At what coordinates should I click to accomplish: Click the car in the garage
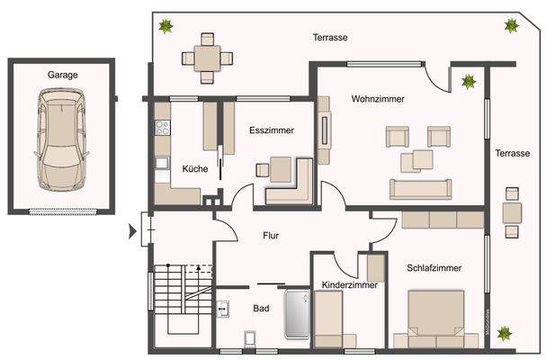pos(61,141)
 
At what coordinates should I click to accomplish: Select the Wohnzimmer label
pos(378,99)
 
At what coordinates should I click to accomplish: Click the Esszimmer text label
pos(272,130)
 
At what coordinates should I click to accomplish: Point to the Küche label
pos(195,168)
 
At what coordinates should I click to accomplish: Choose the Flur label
pos(270,236)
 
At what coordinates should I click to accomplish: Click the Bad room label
pos(261,309)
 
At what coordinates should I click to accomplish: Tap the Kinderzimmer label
pos(349,285)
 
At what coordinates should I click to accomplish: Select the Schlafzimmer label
pos(434,267)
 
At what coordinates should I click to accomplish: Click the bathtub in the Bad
pos(297,315)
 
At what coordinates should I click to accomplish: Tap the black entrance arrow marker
pos(133,232)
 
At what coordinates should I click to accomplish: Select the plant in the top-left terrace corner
pos(166,26)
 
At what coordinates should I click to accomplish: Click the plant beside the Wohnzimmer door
pos(468,83)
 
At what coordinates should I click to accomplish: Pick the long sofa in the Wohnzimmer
pos(420,188)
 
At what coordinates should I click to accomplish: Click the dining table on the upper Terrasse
pos(208,56)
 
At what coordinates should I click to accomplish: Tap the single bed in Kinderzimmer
pos(328,319)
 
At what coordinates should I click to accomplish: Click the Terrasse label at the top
pos(330,38)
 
